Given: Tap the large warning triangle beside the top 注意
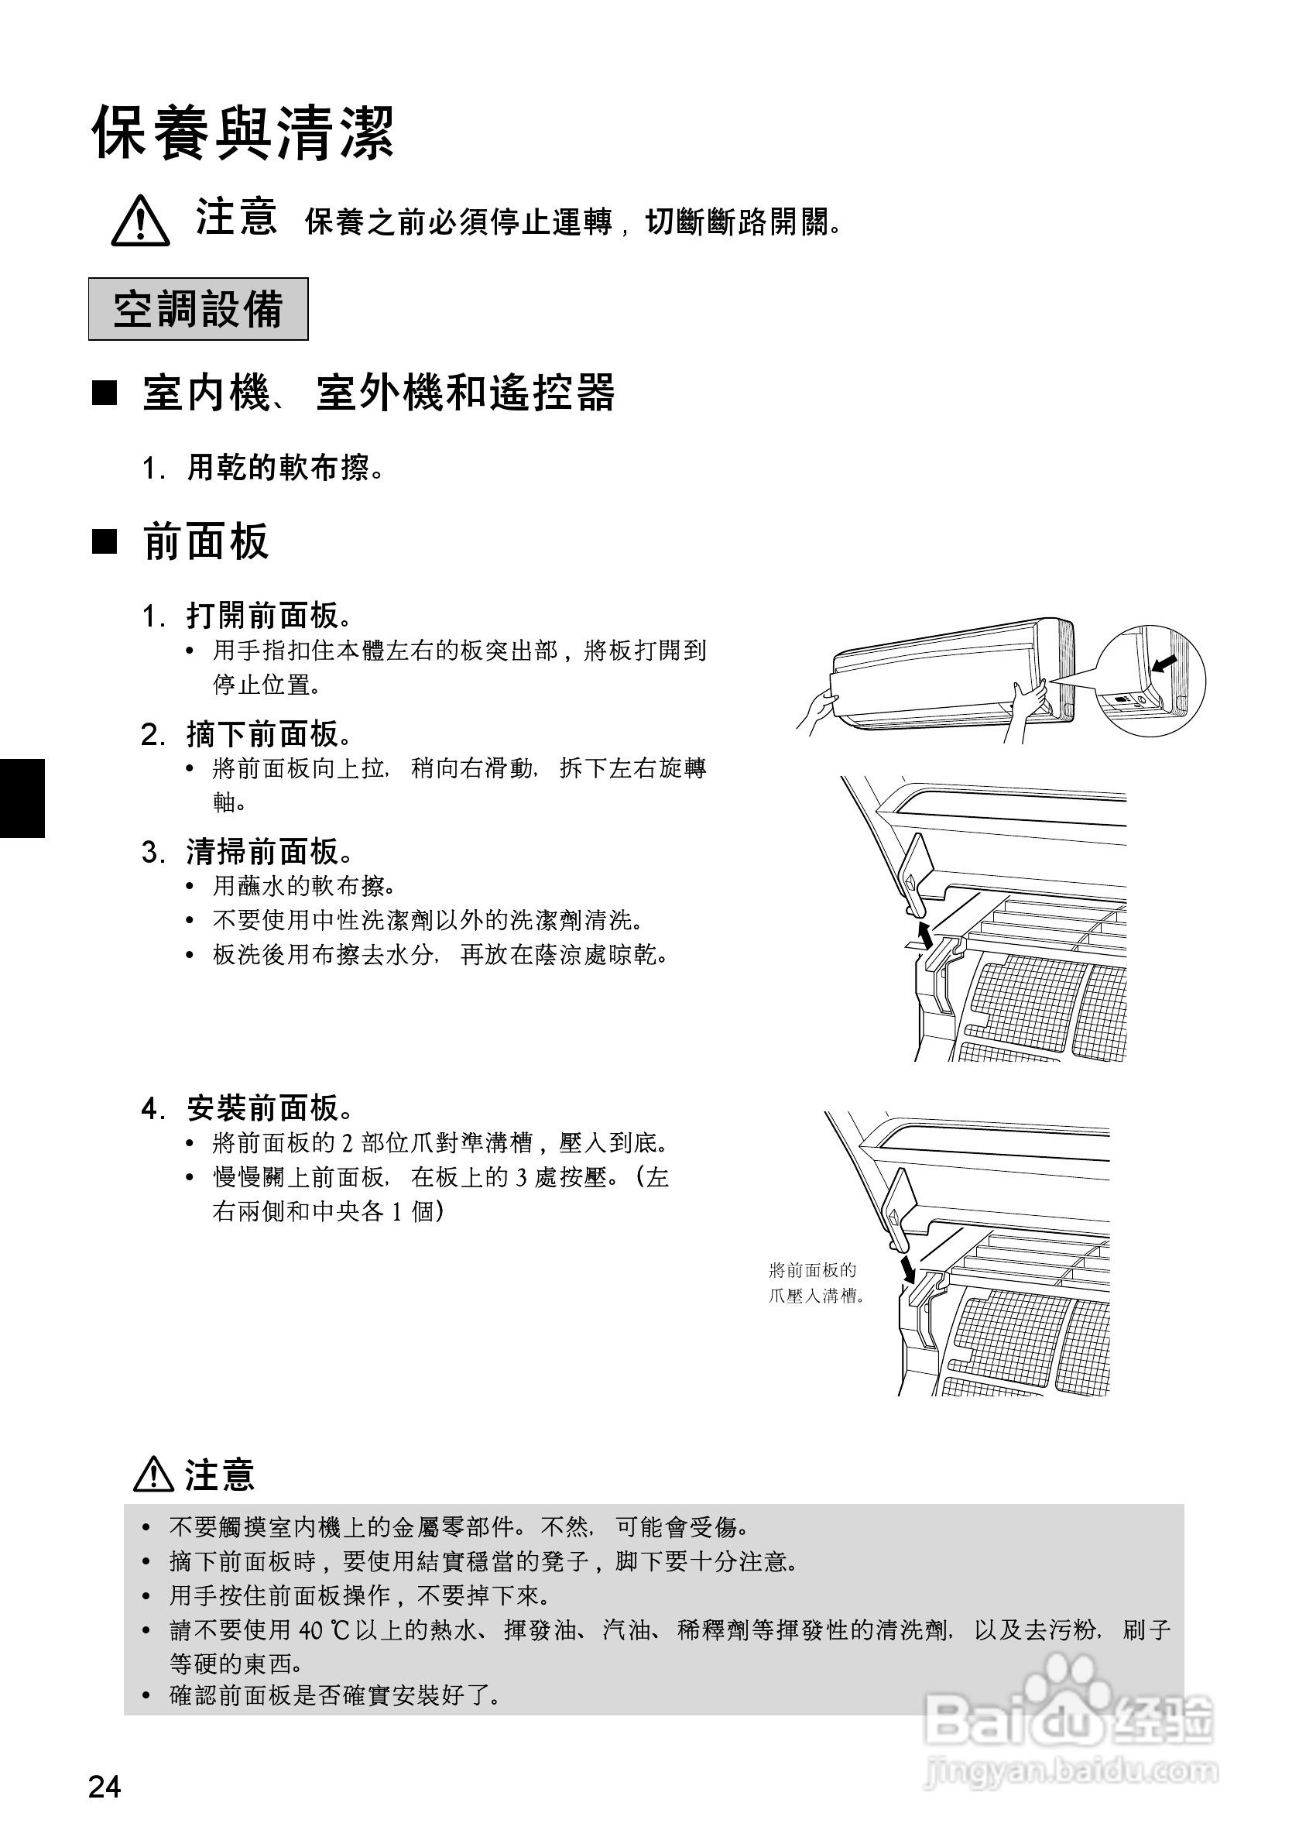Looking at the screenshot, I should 140,221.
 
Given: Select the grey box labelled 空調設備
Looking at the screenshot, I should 198,309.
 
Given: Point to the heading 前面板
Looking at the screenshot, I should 205,541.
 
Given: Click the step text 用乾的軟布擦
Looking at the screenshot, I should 285,468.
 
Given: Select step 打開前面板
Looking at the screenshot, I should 269,616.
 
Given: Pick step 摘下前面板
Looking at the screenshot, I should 269,734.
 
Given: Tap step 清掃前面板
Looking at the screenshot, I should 269,851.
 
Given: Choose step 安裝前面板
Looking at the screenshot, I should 269,1108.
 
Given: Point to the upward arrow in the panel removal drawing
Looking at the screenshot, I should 925,935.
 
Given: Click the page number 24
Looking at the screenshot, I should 105,1787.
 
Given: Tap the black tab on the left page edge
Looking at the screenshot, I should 22,798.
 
